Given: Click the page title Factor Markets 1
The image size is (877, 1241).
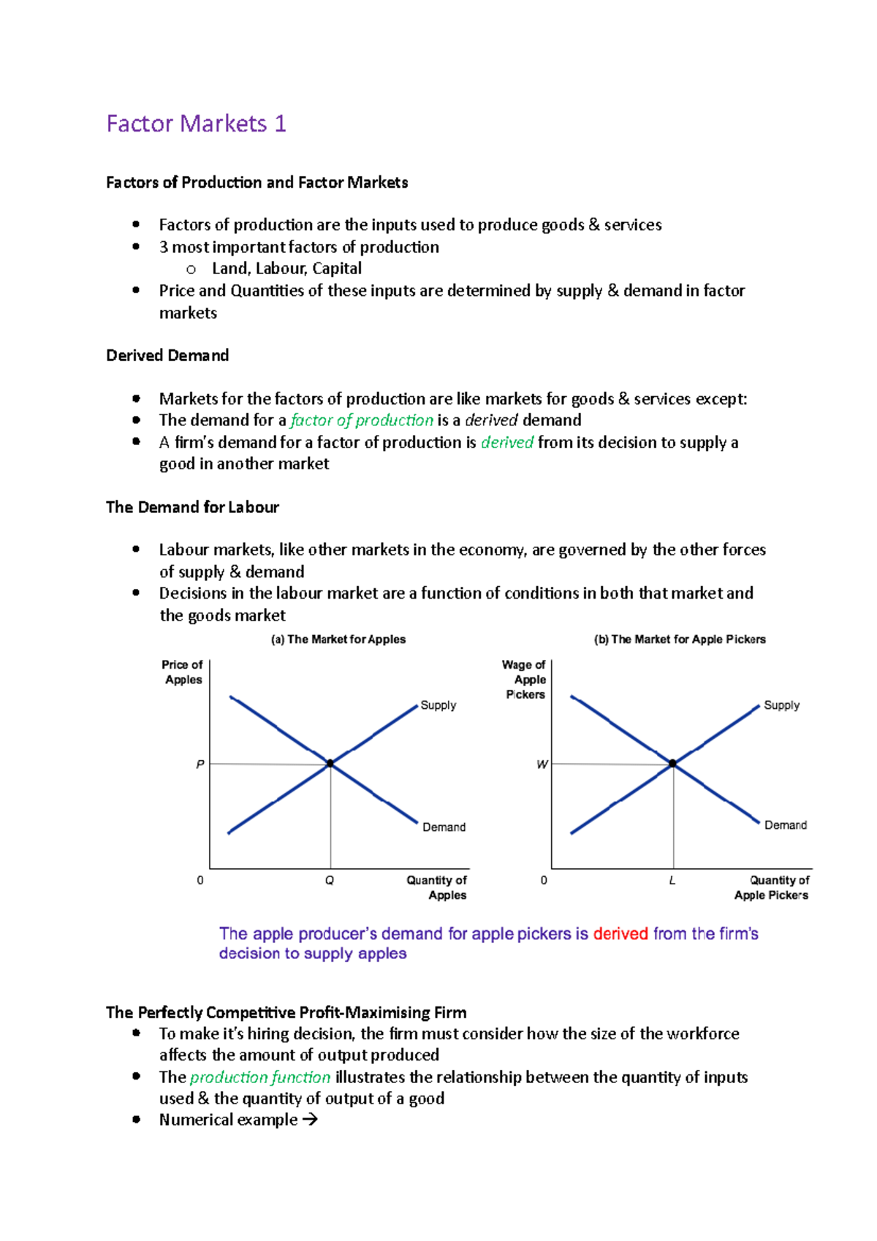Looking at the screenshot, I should (196, 124).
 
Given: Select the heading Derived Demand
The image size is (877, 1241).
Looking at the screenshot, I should (167, 355).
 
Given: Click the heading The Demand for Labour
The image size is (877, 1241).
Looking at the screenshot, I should (192, 507).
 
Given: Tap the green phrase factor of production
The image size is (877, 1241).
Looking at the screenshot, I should (362, 420).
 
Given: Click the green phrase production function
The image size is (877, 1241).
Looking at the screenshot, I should (260, 1077).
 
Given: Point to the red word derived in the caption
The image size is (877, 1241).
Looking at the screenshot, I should (620, 933).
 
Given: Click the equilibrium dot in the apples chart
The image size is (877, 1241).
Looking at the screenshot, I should (330, 763).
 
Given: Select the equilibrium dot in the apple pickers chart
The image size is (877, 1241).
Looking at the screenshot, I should (672, 763).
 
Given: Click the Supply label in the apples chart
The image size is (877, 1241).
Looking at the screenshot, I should (438, 705).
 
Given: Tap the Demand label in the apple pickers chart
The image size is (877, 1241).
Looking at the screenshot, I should (786, 825).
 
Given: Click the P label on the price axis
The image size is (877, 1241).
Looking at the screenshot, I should (200, 764).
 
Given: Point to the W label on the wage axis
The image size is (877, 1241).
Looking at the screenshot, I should (542, 764).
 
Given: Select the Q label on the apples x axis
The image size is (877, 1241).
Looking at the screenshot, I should (330, 881).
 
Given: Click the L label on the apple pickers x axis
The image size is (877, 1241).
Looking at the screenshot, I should (672, 881).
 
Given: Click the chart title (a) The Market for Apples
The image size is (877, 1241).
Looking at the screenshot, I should (338, 640).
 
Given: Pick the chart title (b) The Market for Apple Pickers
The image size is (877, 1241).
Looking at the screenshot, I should (680, 640).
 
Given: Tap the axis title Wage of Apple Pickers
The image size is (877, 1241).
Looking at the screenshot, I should (525, 680).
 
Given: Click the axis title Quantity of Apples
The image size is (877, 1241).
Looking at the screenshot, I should (437, 887).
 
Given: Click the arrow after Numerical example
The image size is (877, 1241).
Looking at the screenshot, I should (310, 1120).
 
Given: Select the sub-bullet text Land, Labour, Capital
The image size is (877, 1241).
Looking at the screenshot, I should (286, 268).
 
